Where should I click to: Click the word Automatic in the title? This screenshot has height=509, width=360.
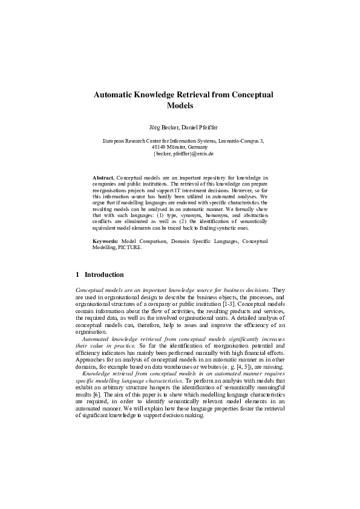click(113, 95)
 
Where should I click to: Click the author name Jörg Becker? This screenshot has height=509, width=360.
click(159, 128)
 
